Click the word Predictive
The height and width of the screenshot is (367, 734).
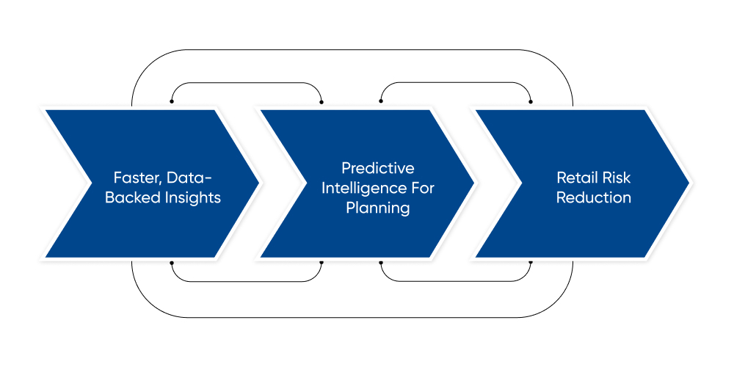[x=377, y=167]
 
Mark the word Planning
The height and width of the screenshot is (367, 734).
[x=377, y=208]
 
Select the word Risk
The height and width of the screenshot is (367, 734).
[x=617, y=177]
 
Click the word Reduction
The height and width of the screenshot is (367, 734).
[x=593, y=198]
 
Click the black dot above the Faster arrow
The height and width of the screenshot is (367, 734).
[x=172, y=101]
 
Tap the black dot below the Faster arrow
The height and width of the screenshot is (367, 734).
[x=172, y=262]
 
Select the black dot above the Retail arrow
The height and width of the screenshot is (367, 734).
[x=531, y=101]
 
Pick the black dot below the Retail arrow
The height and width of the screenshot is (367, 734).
[x=531, y=262]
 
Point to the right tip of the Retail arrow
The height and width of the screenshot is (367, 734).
[x=688, y=183]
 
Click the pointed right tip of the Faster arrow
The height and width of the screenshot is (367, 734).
[x=258, y=183]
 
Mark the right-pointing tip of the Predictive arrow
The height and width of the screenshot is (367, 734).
[x=473, y=183]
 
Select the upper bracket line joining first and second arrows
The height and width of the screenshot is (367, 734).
[x=247, y=83]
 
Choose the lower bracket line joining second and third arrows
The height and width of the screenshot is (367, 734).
[x=456, y=280]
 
